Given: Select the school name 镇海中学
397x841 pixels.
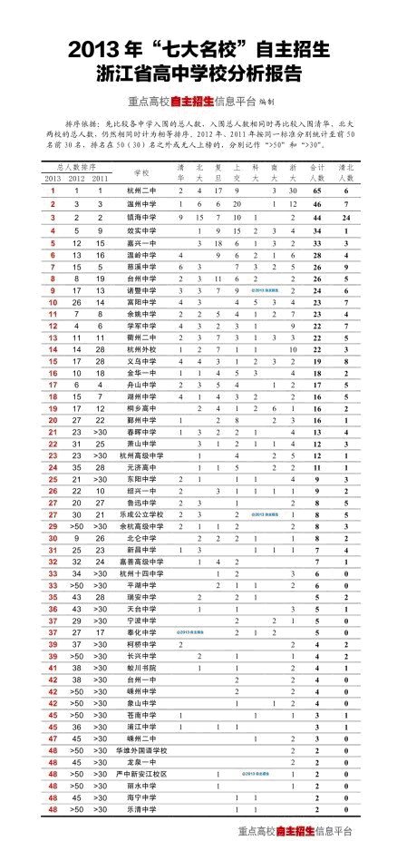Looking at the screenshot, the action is click(140, 219).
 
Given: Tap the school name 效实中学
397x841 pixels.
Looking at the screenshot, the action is click(140, 231).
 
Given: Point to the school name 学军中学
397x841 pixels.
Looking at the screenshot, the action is click(140, 325).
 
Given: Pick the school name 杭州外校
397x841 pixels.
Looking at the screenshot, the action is click(140, 349).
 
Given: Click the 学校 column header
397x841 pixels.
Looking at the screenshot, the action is click(140, 173).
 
